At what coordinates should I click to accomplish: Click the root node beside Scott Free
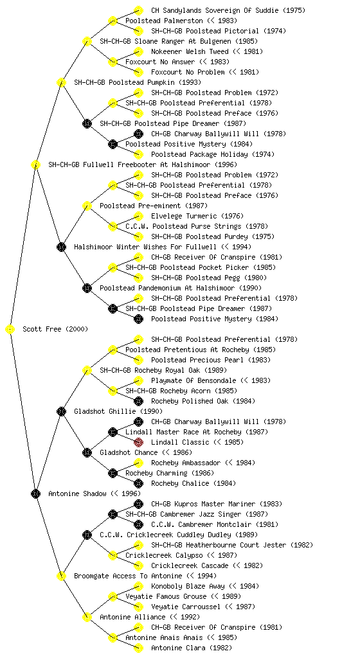pos(10,330)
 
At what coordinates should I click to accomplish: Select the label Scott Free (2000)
pos(55,330)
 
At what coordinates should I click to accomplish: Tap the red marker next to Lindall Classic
pos(138,442)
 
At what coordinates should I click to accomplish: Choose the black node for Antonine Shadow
pos(35,494)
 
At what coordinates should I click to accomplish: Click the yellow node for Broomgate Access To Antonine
pos(61,576)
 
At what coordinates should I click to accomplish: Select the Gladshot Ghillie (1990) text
pos(118,412)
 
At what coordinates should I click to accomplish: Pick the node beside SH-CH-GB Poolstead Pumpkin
pos(61,83)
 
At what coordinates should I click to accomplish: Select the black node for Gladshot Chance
pos(87,453)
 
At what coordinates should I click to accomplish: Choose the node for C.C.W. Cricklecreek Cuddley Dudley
pos(87,535)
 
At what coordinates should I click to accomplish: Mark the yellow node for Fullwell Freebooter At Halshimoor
pos(35,165)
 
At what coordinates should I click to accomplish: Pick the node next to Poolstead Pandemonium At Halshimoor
pos(87,289)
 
